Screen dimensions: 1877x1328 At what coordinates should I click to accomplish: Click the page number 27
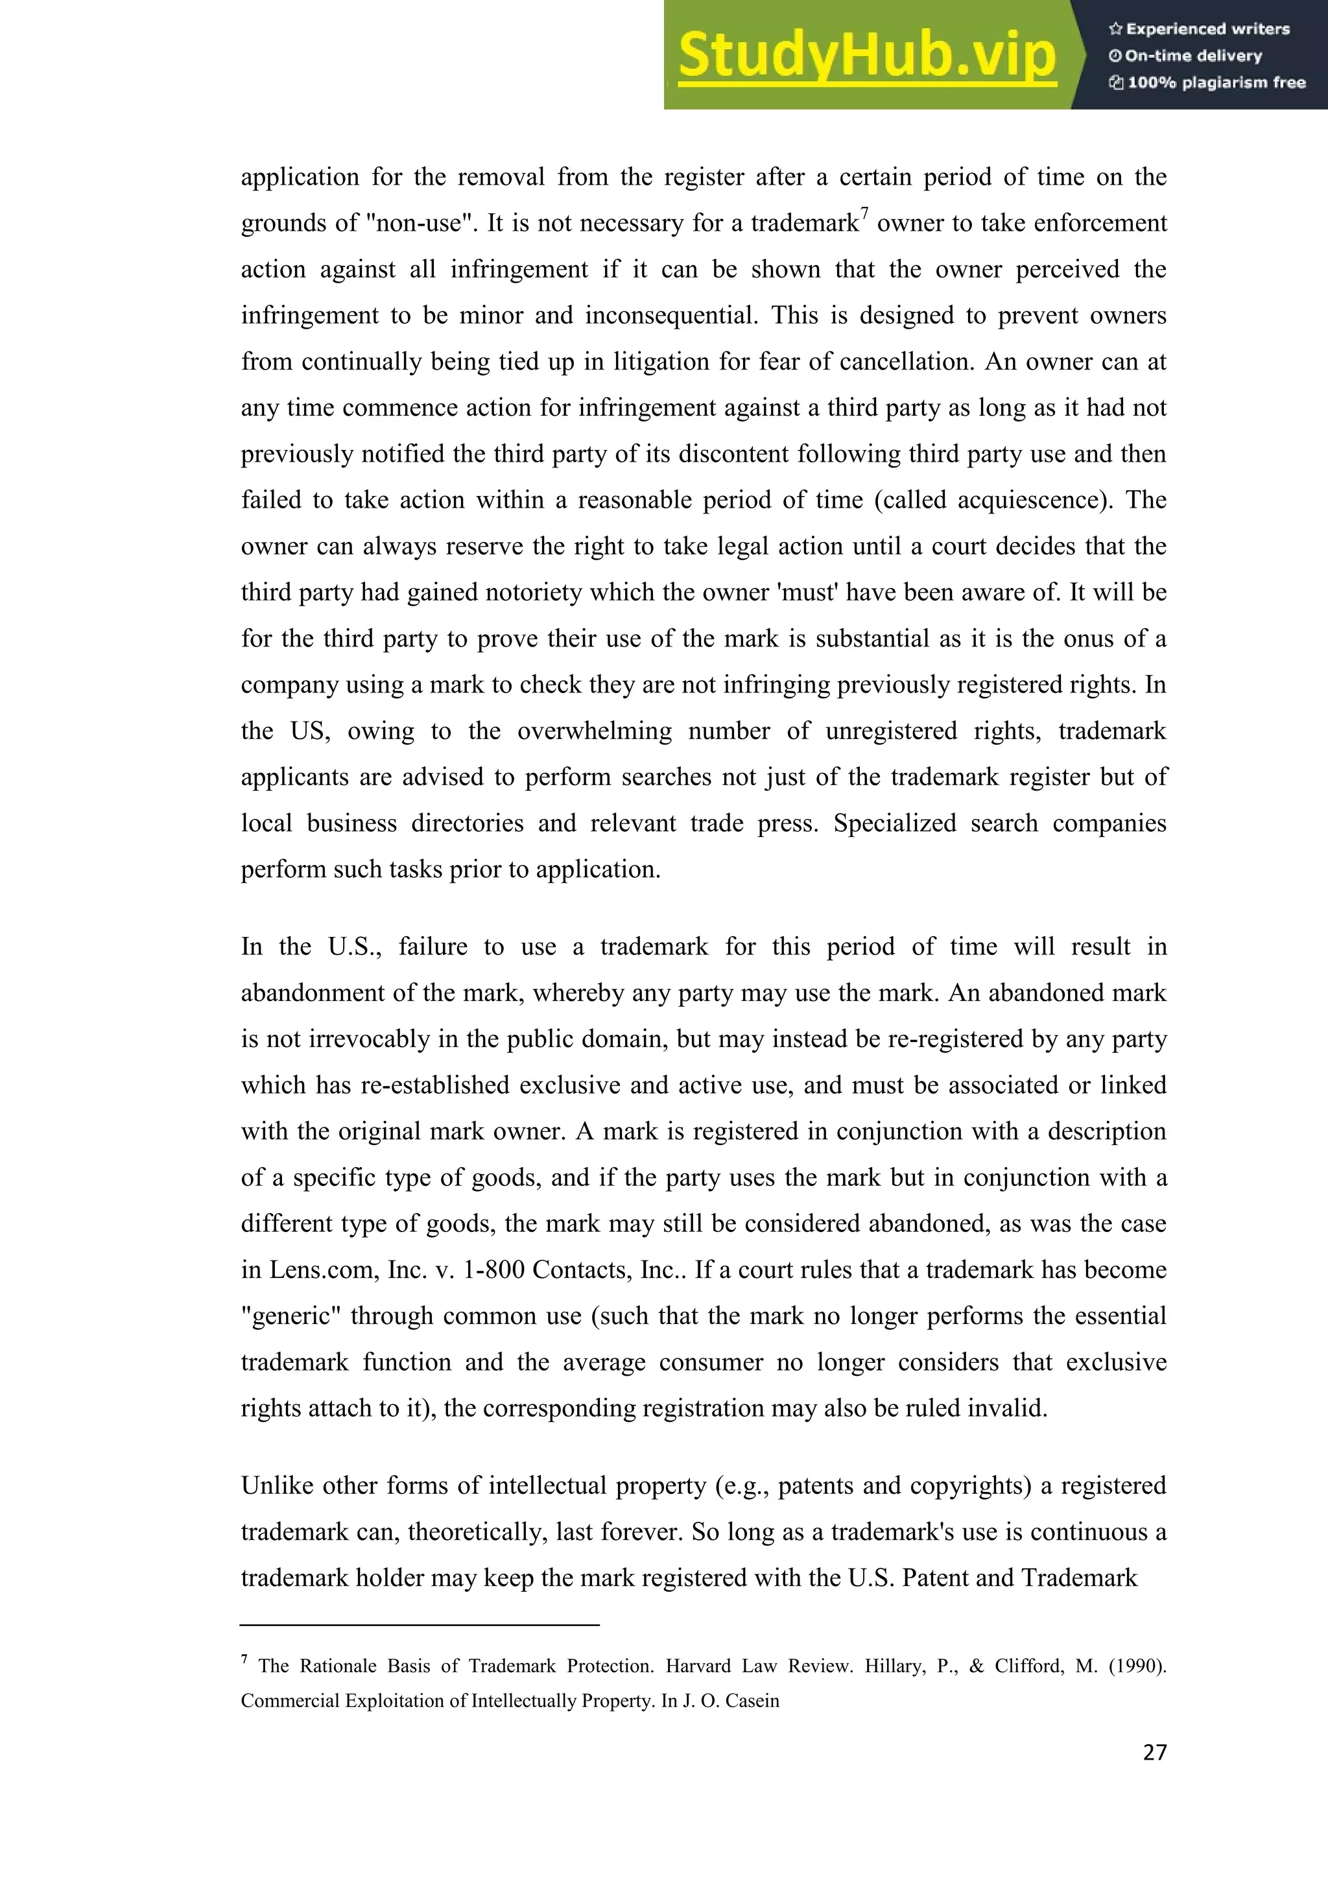(x=1154, y=1752)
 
